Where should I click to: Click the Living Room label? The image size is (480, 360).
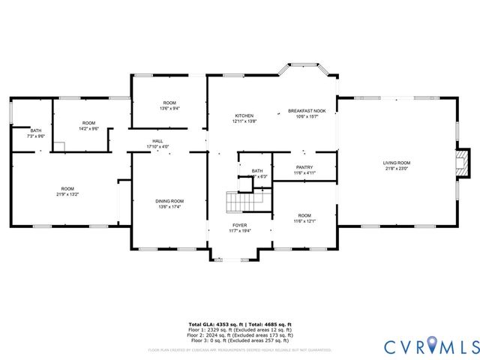point(397,163)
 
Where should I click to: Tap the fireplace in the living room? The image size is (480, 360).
point(463,163)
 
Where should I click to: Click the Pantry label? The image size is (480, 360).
point(304,167)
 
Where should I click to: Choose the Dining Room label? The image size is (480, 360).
point(171,201)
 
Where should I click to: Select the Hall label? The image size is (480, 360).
point(158,140)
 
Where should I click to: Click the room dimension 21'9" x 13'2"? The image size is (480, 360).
point(67,194)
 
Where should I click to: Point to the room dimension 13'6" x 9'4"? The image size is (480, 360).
point(169,109)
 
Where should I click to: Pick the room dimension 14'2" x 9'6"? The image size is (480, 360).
point(88,129)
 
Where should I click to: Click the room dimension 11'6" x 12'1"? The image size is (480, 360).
point(304,221)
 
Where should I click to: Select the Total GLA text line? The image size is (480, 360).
point(240,323)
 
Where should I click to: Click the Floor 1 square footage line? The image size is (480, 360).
point(240,329)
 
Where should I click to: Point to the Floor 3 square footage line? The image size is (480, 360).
point(240,340)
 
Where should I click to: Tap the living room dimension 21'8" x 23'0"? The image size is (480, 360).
point(397,169)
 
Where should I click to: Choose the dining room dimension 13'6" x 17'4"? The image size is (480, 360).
point(171,207)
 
